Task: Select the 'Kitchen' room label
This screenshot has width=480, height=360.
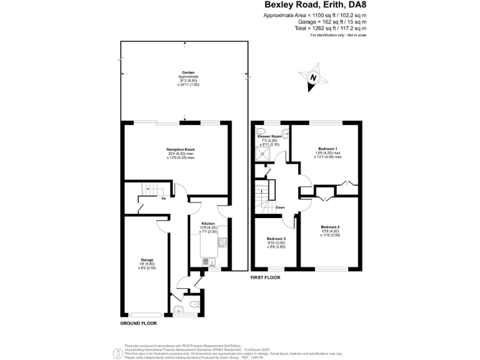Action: tap(208, 223)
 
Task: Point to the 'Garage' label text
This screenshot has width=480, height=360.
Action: tap(147, 259)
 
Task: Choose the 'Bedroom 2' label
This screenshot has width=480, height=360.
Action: tap(329, 227)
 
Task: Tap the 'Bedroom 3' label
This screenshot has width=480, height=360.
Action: tap(276, 239)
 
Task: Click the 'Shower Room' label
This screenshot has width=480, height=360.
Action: tap(269, 136)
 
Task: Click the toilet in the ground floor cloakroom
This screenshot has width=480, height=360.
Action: tap(193, 306)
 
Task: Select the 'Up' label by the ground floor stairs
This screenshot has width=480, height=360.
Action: tap(164, 199)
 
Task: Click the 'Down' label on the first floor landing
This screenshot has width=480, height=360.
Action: tap(281, 207)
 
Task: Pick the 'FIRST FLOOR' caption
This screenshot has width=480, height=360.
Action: tap(265, 277)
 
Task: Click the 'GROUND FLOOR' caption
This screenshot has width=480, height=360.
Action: tap(138, 324)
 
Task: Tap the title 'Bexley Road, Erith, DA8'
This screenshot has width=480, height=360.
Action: tap(314, 6)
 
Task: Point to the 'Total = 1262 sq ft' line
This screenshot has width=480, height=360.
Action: tap(331, 28)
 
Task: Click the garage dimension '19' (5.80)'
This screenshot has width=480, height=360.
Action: tap(147, 264)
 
